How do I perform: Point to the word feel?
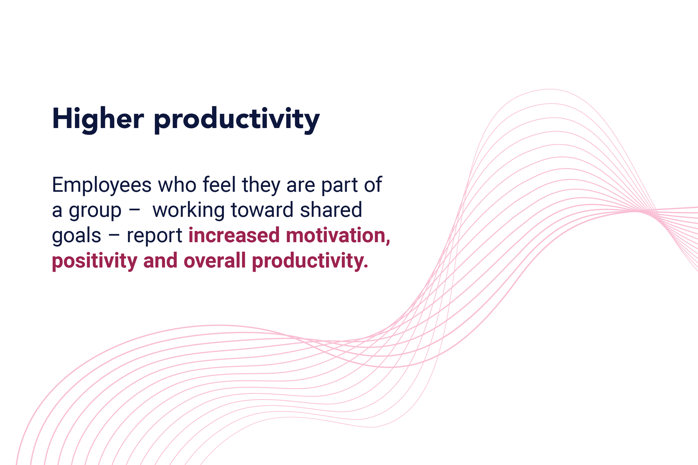point(219,184)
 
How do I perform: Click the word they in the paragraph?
point(261,185)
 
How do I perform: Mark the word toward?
point(262,210)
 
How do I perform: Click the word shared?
point(331,210)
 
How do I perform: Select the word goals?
point(77,236)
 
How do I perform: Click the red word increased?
point(234,235)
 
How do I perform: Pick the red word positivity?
point(95,261)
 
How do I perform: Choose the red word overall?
point(215,260)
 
